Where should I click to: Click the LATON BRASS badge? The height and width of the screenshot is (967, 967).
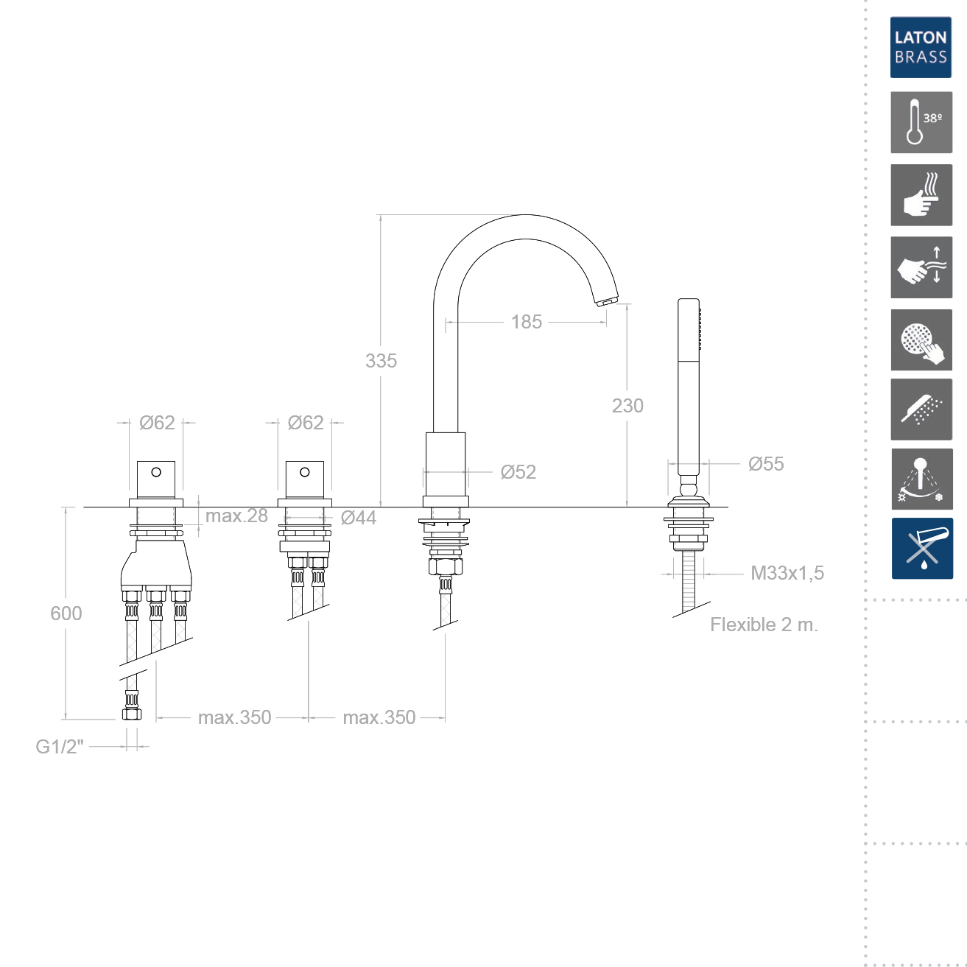tap(921, 47)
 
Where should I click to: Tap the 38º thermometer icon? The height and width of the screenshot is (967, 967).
tap(921, 122)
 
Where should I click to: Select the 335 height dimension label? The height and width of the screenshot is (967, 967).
tap(381, 361)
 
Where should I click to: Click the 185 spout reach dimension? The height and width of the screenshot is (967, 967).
tap(527, 322)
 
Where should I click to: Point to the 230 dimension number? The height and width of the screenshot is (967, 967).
tap(627, 406)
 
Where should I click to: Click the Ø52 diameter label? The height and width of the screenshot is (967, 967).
tap(518, 472)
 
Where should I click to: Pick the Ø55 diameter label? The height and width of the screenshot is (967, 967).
tap(766, 464)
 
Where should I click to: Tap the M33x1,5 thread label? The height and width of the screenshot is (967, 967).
tap(787, 573)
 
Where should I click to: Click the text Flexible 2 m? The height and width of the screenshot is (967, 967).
tap(764, 625)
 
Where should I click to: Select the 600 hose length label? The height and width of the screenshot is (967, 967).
tap(66, 613)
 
